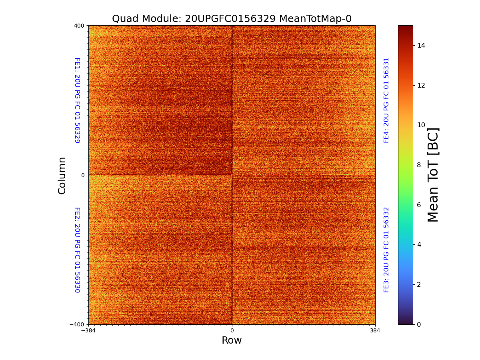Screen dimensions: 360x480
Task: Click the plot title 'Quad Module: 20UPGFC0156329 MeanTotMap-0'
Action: click(x=232, y=19)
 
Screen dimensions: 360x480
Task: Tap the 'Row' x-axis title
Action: click(x=232, y=340)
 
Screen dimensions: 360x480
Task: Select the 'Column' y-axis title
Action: click(x=62, y=175)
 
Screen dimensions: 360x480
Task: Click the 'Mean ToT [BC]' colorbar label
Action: click(x=433, y=175)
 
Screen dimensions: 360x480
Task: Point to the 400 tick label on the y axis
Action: click(x=79, y=26)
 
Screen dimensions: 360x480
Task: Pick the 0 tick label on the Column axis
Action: click(x=83, y=175)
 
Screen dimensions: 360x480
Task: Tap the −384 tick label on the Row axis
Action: click(x=88, y=331)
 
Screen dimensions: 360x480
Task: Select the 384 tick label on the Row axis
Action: click(x=375, y=331)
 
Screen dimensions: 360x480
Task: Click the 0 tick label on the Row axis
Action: click(x=232, y=331)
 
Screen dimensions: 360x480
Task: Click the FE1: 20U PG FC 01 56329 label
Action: click(x=77, y=100)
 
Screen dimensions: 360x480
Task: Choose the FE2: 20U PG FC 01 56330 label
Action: click(x=77, y=250)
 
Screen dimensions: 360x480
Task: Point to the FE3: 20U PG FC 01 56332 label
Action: click(x=386, y=250)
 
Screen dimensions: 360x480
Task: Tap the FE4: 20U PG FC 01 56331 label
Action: click(x=386, y=100)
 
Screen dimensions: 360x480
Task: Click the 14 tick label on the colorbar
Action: click(x=421, y=45)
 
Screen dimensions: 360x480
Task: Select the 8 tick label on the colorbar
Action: click(x=419, y=165)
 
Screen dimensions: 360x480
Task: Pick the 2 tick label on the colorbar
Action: click(x=419, y=284)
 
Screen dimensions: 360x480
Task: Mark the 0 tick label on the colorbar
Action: click(x=419, y=324)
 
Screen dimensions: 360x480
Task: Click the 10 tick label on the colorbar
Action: click(x=421, y=125)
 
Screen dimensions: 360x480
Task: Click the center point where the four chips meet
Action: click(x=232, y=175)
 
